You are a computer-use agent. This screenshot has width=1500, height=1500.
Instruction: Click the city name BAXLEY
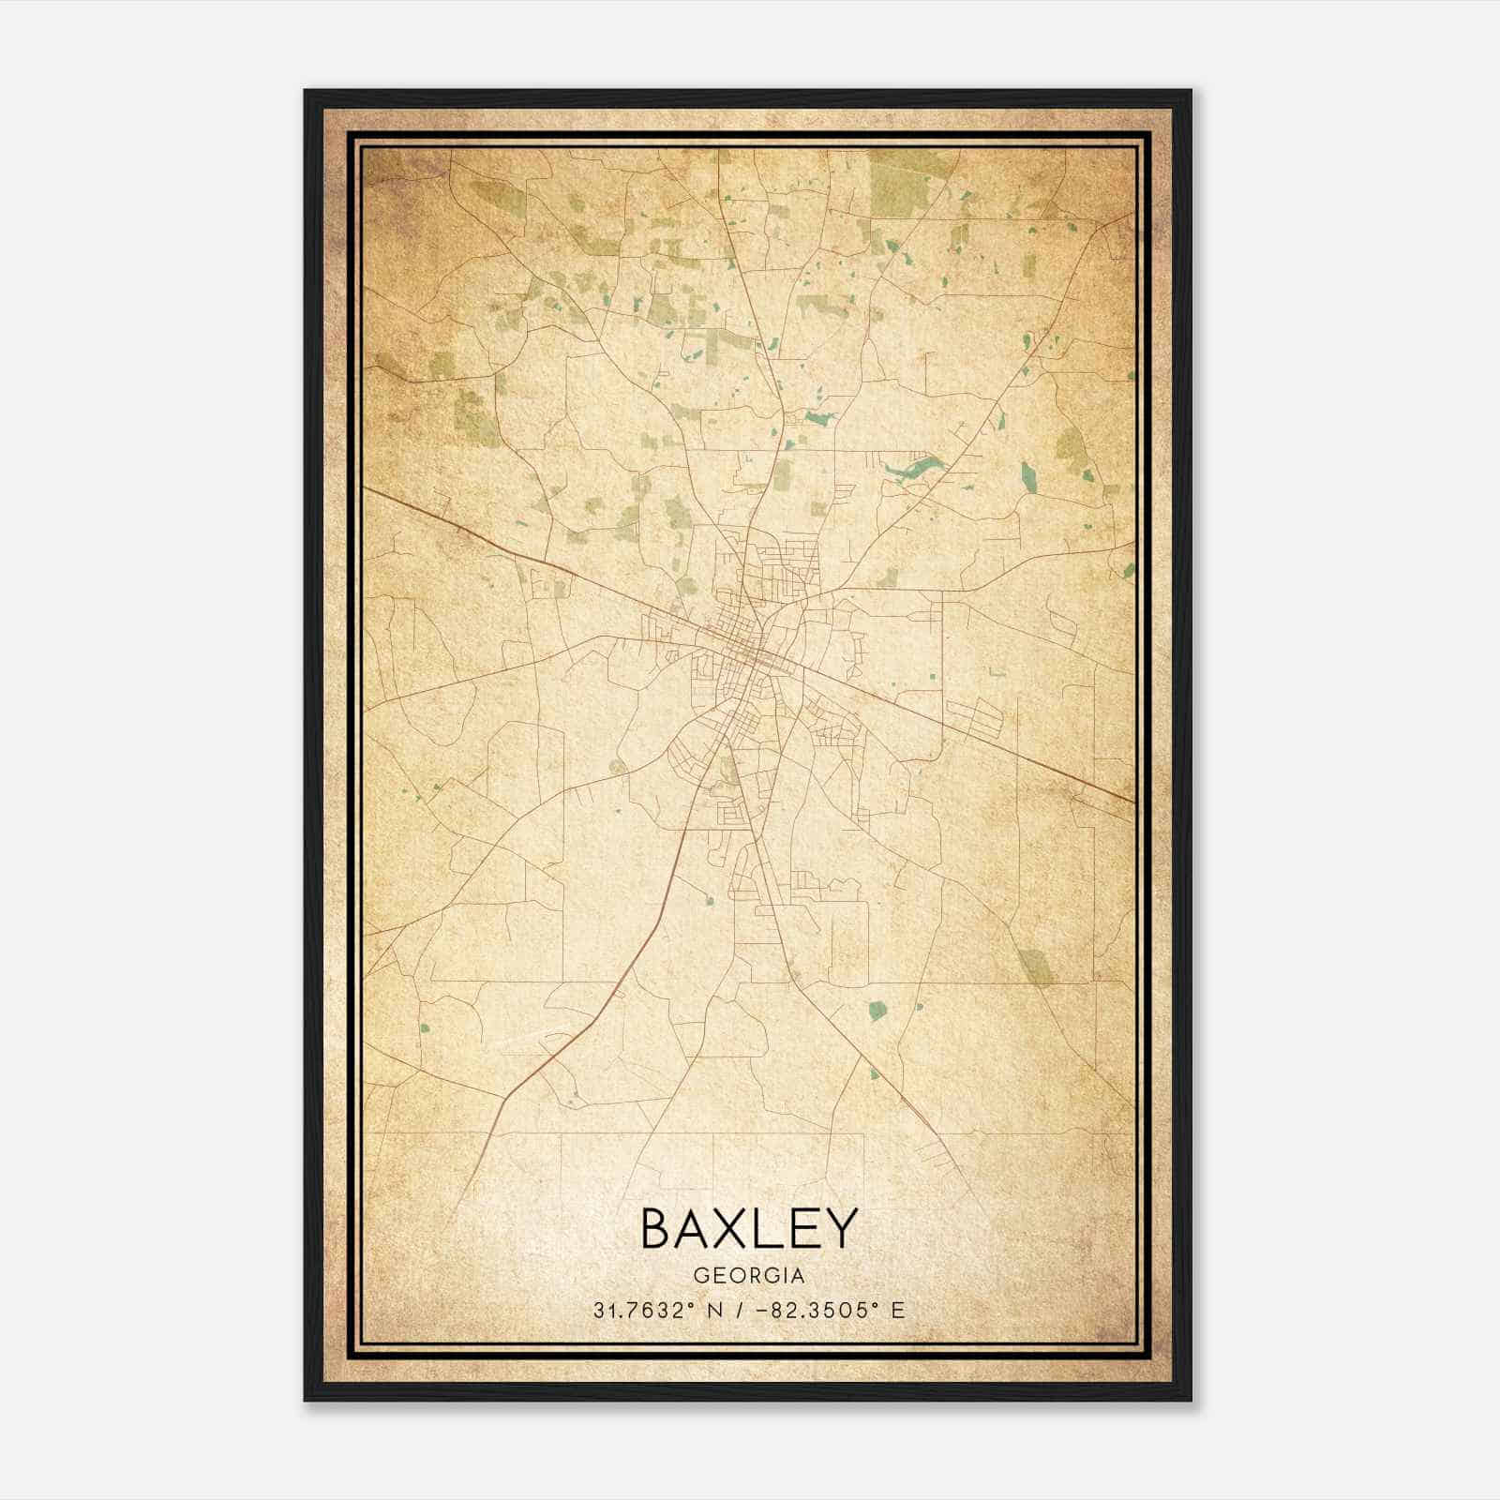click(x=748, y=1229)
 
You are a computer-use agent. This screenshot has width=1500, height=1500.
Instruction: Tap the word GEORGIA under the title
click(x=748, y=1276)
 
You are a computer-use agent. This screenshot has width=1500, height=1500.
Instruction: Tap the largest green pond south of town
click(x=877, y=1010)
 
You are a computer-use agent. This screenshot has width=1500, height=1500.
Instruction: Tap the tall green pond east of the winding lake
click(x=1029, y=474)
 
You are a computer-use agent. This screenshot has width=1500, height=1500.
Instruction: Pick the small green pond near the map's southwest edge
click(x=424, y=1024)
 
